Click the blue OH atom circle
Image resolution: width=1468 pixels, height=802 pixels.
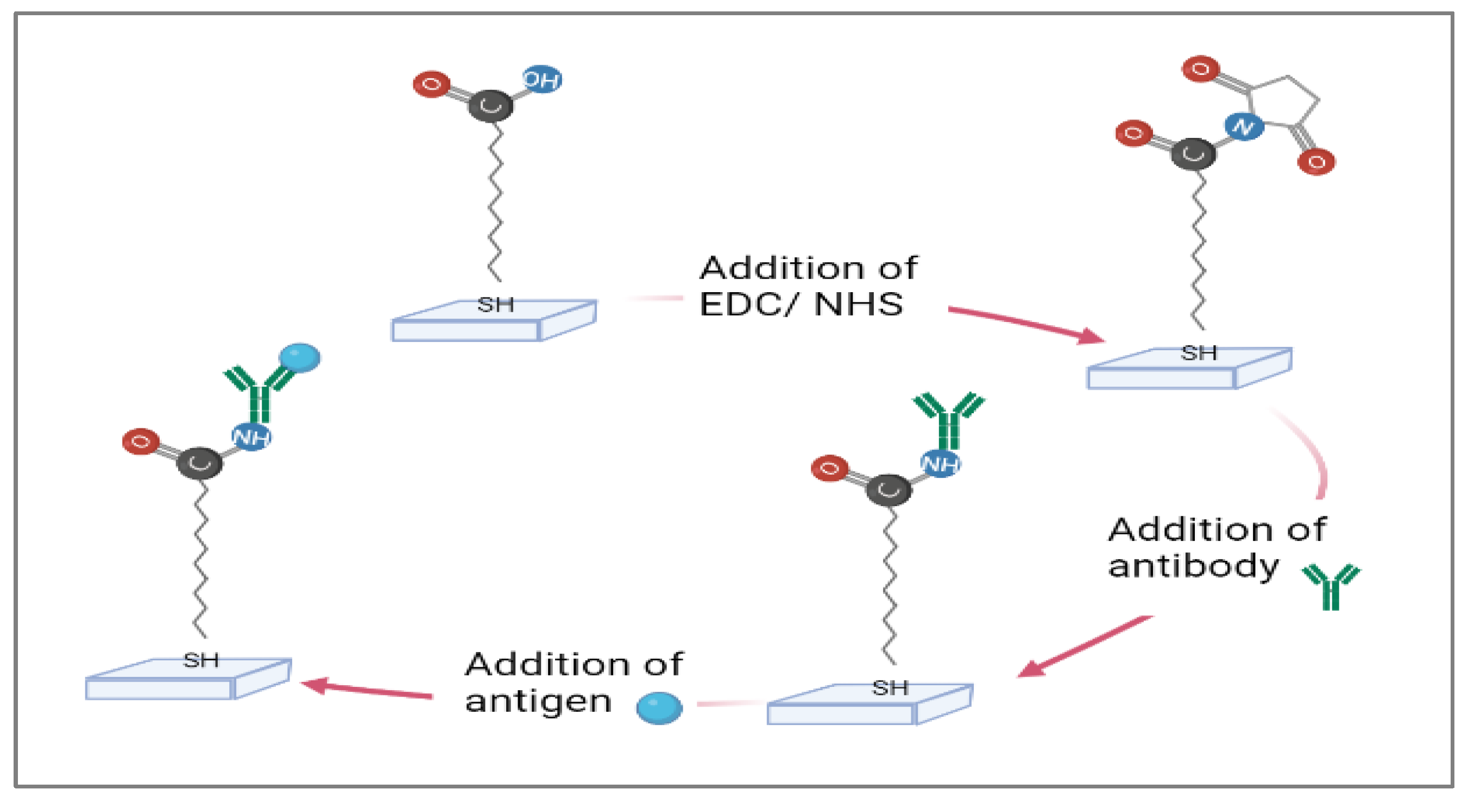pyautogui.click(x=542, y=79)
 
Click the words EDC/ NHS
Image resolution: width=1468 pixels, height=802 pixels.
pyautogui.click(x=801, y=304)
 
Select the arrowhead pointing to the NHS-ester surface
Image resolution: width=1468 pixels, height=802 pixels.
pyautogui.click(x=1091, y=337)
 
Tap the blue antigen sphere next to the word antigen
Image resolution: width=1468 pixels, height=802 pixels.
pyautogui.click(x=659, y=708)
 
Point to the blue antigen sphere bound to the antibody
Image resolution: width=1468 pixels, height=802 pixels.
pyautogui.click(x=300, y=358)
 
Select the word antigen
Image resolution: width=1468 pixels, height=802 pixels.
pyautogui.click(x=539, y=702)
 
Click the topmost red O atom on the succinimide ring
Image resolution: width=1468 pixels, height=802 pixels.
pyautogui.click(x=1201, y=69)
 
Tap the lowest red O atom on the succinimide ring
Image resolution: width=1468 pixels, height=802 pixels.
pyautogui.click(x=1316, y=162)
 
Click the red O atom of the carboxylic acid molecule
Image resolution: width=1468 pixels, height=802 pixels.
pyautogui.click(x=431, y=84)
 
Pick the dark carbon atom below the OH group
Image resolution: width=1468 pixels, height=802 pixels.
pyautogui.click(x=490, y=106)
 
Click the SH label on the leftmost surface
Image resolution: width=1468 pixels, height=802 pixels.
pyautogui.click(x=200, y=661)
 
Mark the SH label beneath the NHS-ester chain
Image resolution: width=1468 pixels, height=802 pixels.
pyautogui.click(x=1199, y=353)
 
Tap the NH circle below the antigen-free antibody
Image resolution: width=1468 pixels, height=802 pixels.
pyautogui.click(x=940, y=464)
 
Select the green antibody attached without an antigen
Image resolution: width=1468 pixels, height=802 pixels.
pyautogui.click(x=948, y=419)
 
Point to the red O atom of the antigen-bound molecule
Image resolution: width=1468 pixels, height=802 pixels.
pyautogui.click(x=141, y=441)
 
